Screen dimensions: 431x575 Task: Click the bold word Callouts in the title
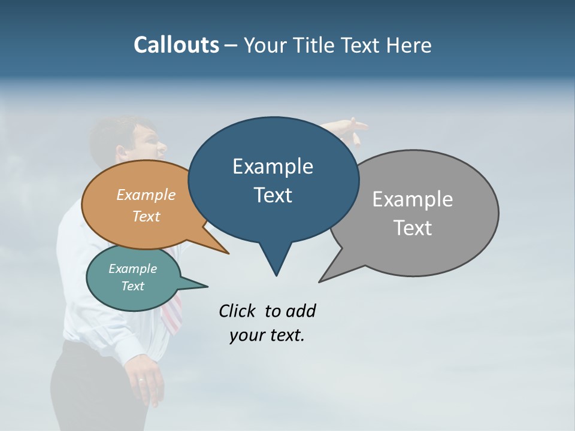coord(176,45)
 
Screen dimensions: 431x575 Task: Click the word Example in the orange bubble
coord(146,195)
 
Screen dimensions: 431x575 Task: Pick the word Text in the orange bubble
coord(146,216)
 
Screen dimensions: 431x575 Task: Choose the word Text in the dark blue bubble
coord(273,195)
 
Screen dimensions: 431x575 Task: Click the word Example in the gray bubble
coord(413,199)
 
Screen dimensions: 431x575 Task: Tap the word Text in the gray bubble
coord(413,227)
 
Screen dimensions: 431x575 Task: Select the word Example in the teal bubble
coord(132,269)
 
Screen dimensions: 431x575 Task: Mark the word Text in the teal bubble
coord(132,286)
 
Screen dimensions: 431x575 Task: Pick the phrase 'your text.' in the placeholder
coord(267,335)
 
